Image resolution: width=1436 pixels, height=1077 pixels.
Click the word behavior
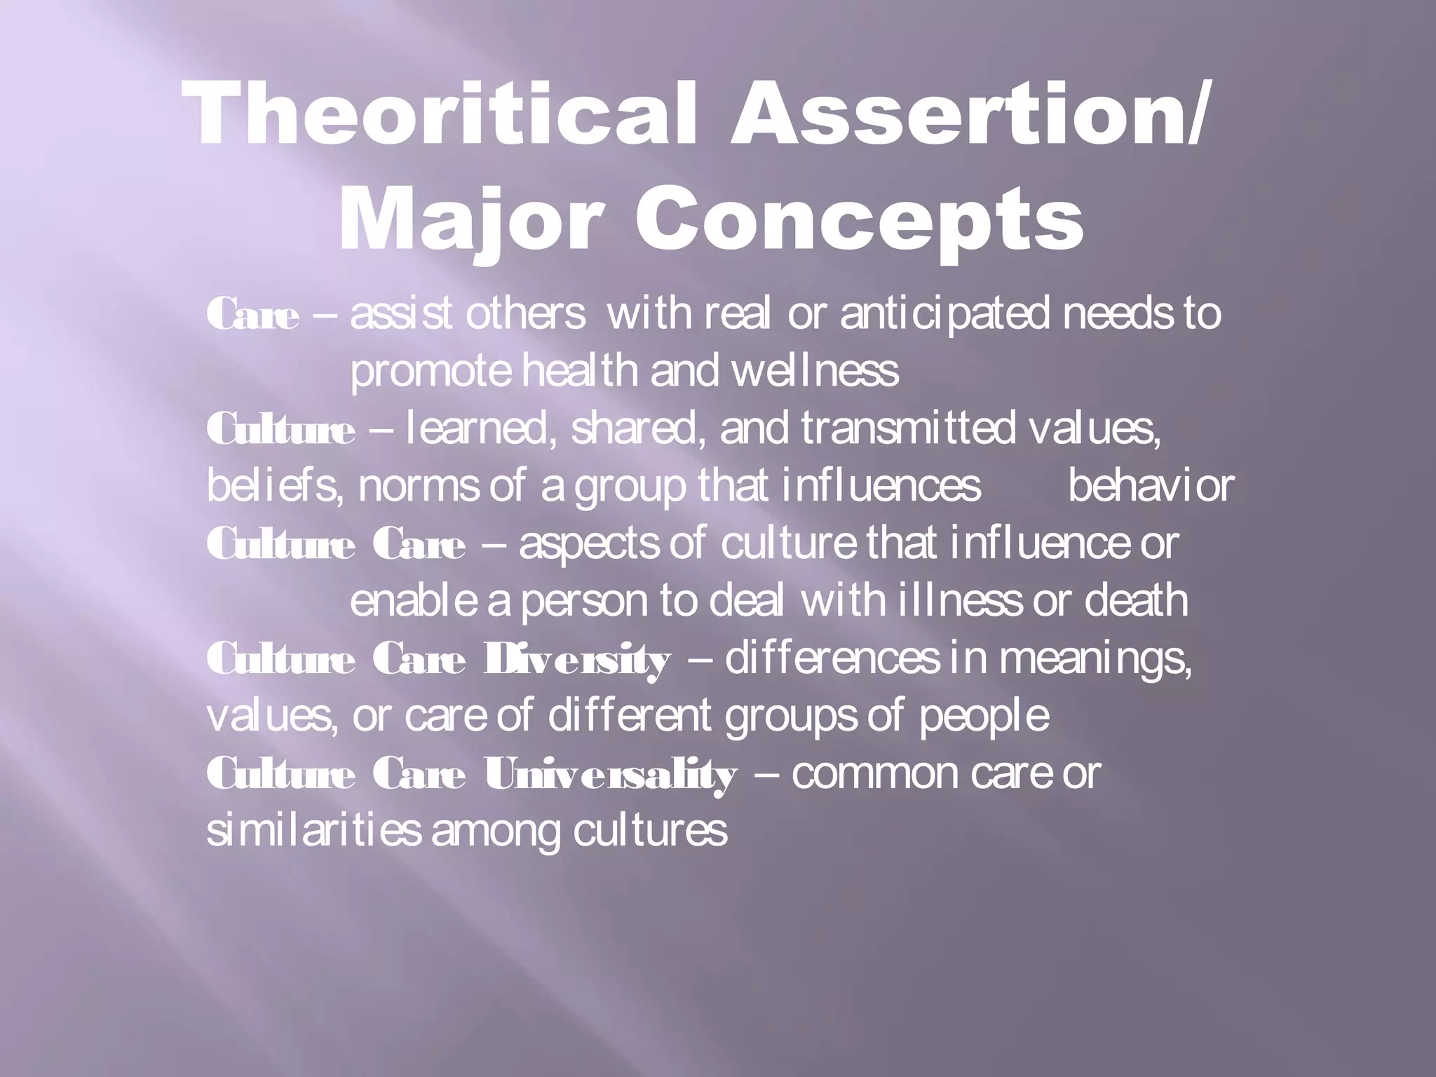[1151, 486]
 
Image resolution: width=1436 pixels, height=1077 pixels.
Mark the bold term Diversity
[576, 660]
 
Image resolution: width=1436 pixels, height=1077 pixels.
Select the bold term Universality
[610, 775]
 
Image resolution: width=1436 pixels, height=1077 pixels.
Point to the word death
[1136, 601]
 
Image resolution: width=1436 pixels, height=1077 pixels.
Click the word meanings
[1095, 660]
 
